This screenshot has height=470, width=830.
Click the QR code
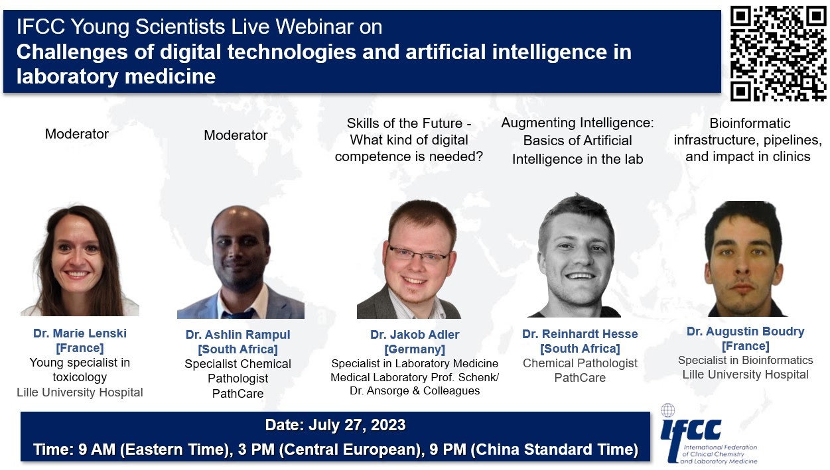coord(778,54)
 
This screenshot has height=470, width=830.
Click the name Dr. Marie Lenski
coord(80,333)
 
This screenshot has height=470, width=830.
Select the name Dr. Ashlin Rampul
coord(238,335)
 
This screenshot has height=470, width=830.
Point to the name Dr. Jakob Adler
coord(415,335)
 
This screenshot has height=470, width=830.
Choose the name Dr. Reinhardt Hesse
coord(580,333)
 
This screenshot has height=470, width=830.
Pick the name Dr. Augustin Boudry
coord(745,331)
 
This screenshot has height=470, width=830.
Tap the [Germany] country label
coord(415,349)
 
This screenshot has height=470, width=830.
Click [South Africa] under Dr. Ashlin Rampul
coord(238,349)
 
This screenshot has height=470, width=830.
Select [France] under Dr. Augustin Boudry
coord(745,345)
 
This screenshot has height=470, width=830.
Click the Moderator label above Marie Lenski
coord(76,134)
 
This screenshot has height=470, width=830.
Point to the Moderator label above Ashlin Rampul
coord(236,135)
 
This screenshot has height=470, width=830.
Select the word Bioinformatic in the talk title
coord(750,123)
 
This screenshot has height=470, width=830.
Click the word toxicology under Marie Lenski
coord(80,377)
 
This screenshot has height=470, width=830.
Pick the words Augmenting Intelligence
coord(577,123)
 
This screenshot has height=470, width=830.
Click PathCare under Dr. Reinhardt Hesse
coord(580,378)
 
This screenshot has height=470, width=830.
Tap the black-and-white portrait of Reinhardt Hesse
coord(574,257)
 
